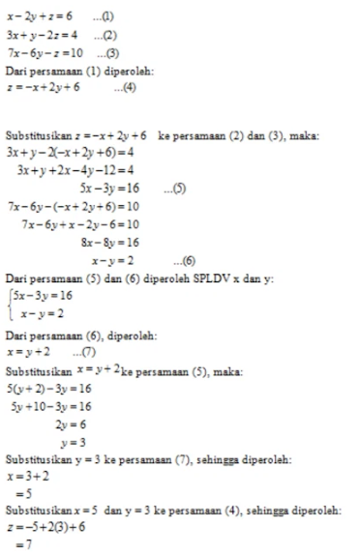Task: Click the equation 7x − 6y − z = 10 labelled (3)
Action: click(x=41, y=51)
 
